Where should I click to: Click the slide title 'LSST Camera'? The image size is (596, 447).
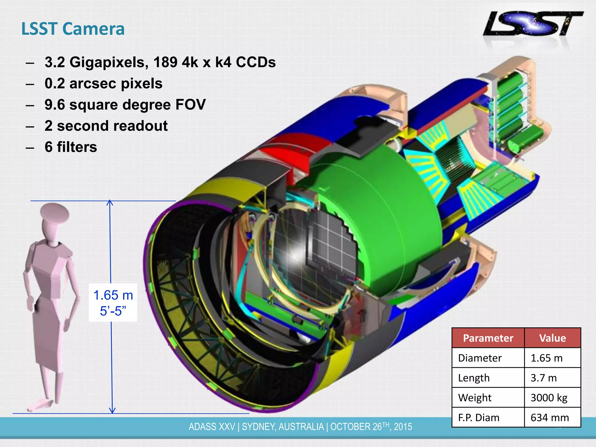pos(73,29)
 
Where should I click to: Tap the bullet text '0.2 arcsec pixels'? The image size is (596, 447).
pos(103,84)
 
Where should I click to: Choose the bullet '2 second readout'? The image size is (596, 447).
pos(106,126)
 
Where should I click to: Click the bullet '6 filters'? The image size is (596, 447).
pos(71,147)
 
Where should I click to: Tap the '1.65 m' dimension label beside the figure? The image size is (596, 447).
pos(113,295)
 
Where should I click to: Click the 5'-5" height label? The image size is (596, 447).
pos(113,311)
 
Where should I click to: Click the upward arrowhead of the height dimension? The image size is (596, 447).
pos(110,203)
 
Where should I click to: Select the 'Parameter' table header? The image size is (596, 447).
pos(488,338)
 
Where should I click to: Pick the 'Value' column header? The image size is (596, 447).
pos(552,338)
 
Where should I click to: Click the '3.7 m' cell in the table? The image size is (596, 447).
pos(543,378)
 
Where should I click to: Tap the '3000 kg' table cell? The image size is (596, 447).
pos(549,398)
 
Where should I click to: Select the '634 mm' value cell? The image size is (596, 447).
pos(549,418)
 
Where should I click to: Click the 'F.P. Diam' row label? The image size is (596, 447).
pos(479,418)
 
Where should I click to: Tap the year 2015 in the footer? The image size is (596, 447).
pos(403,427)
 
